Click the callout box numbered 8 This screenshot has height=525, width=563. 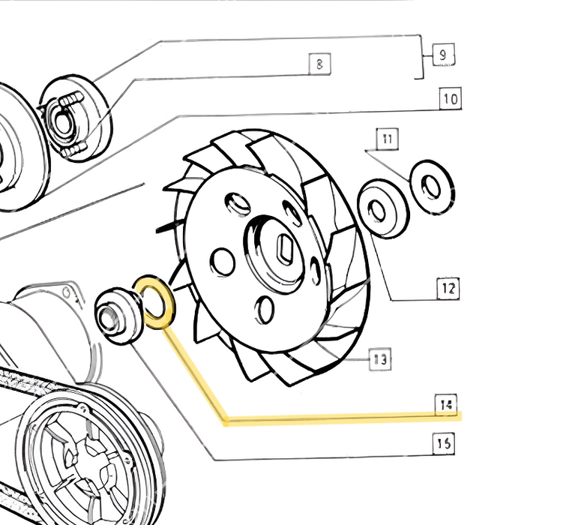coord(320,64)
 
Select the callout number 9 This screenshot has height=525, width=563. coord(443,55)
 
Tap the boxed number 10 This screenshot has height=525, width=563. coord(449,97)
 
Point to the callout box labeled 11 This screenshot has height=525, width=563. coord(387,139)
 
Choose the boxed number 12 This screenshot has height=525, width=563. coord(448,288)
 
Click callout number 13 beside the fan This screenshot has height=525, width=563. coord(380,360)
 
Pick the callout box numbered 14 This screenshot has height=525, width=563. coord(447,406)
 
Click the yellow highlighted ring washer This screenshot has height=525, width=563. coord(154,303)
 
